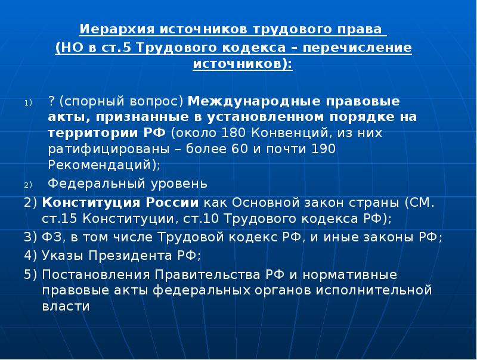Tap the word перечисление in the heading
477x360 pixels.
pyautogui.click(x=366, y=48)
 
